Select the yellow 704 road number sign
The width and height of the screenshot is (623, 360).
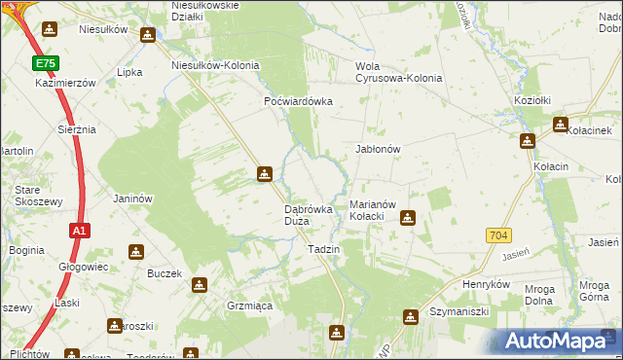498,235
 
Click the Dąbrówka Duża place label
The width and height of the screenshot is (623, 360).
310,215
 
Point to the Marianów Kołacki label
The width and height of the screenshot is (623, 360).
372,210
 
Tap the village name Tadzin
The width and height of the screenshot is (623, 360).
323,250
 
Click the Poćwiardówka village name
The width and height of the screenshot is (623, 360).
299,101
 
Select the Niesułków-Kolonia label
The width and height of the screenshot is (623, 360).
215,65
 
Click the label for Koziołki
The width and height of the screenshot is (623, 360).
532,101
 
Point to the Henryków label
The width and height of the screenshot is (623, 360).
487,284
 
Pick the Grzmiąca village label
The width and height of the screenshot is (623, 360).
249,306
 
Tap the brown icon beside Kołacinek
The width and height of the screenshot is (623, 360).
560,125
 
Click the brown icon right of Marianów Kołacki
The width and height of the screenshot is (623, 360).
409,218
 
